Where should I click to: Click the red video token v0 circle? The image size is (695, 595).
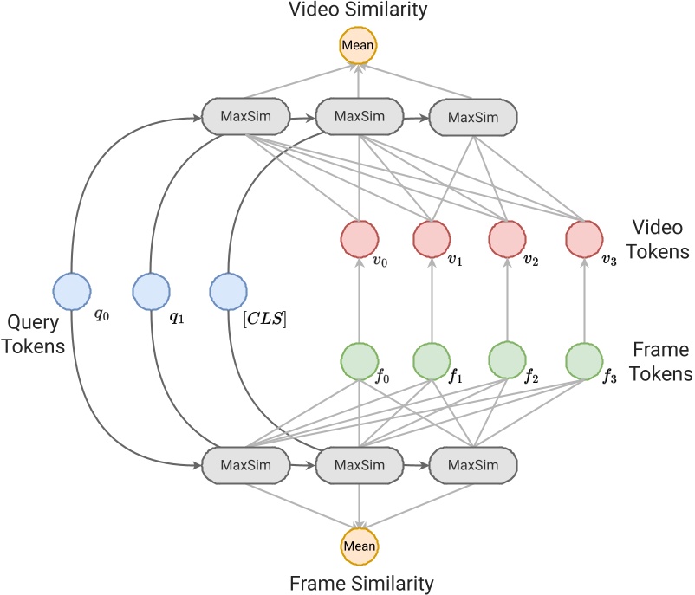tap(359, 236)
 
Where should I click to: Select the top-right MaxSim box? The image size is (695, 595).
tap(473, 115)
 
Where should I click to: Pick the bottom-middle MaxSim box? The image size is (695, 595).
tap(359, 466)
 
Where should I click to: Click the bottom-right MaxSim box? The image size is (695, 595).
tap(473, 466)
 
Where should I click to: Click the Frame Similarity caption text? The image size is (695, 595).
tap(359, 581)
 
